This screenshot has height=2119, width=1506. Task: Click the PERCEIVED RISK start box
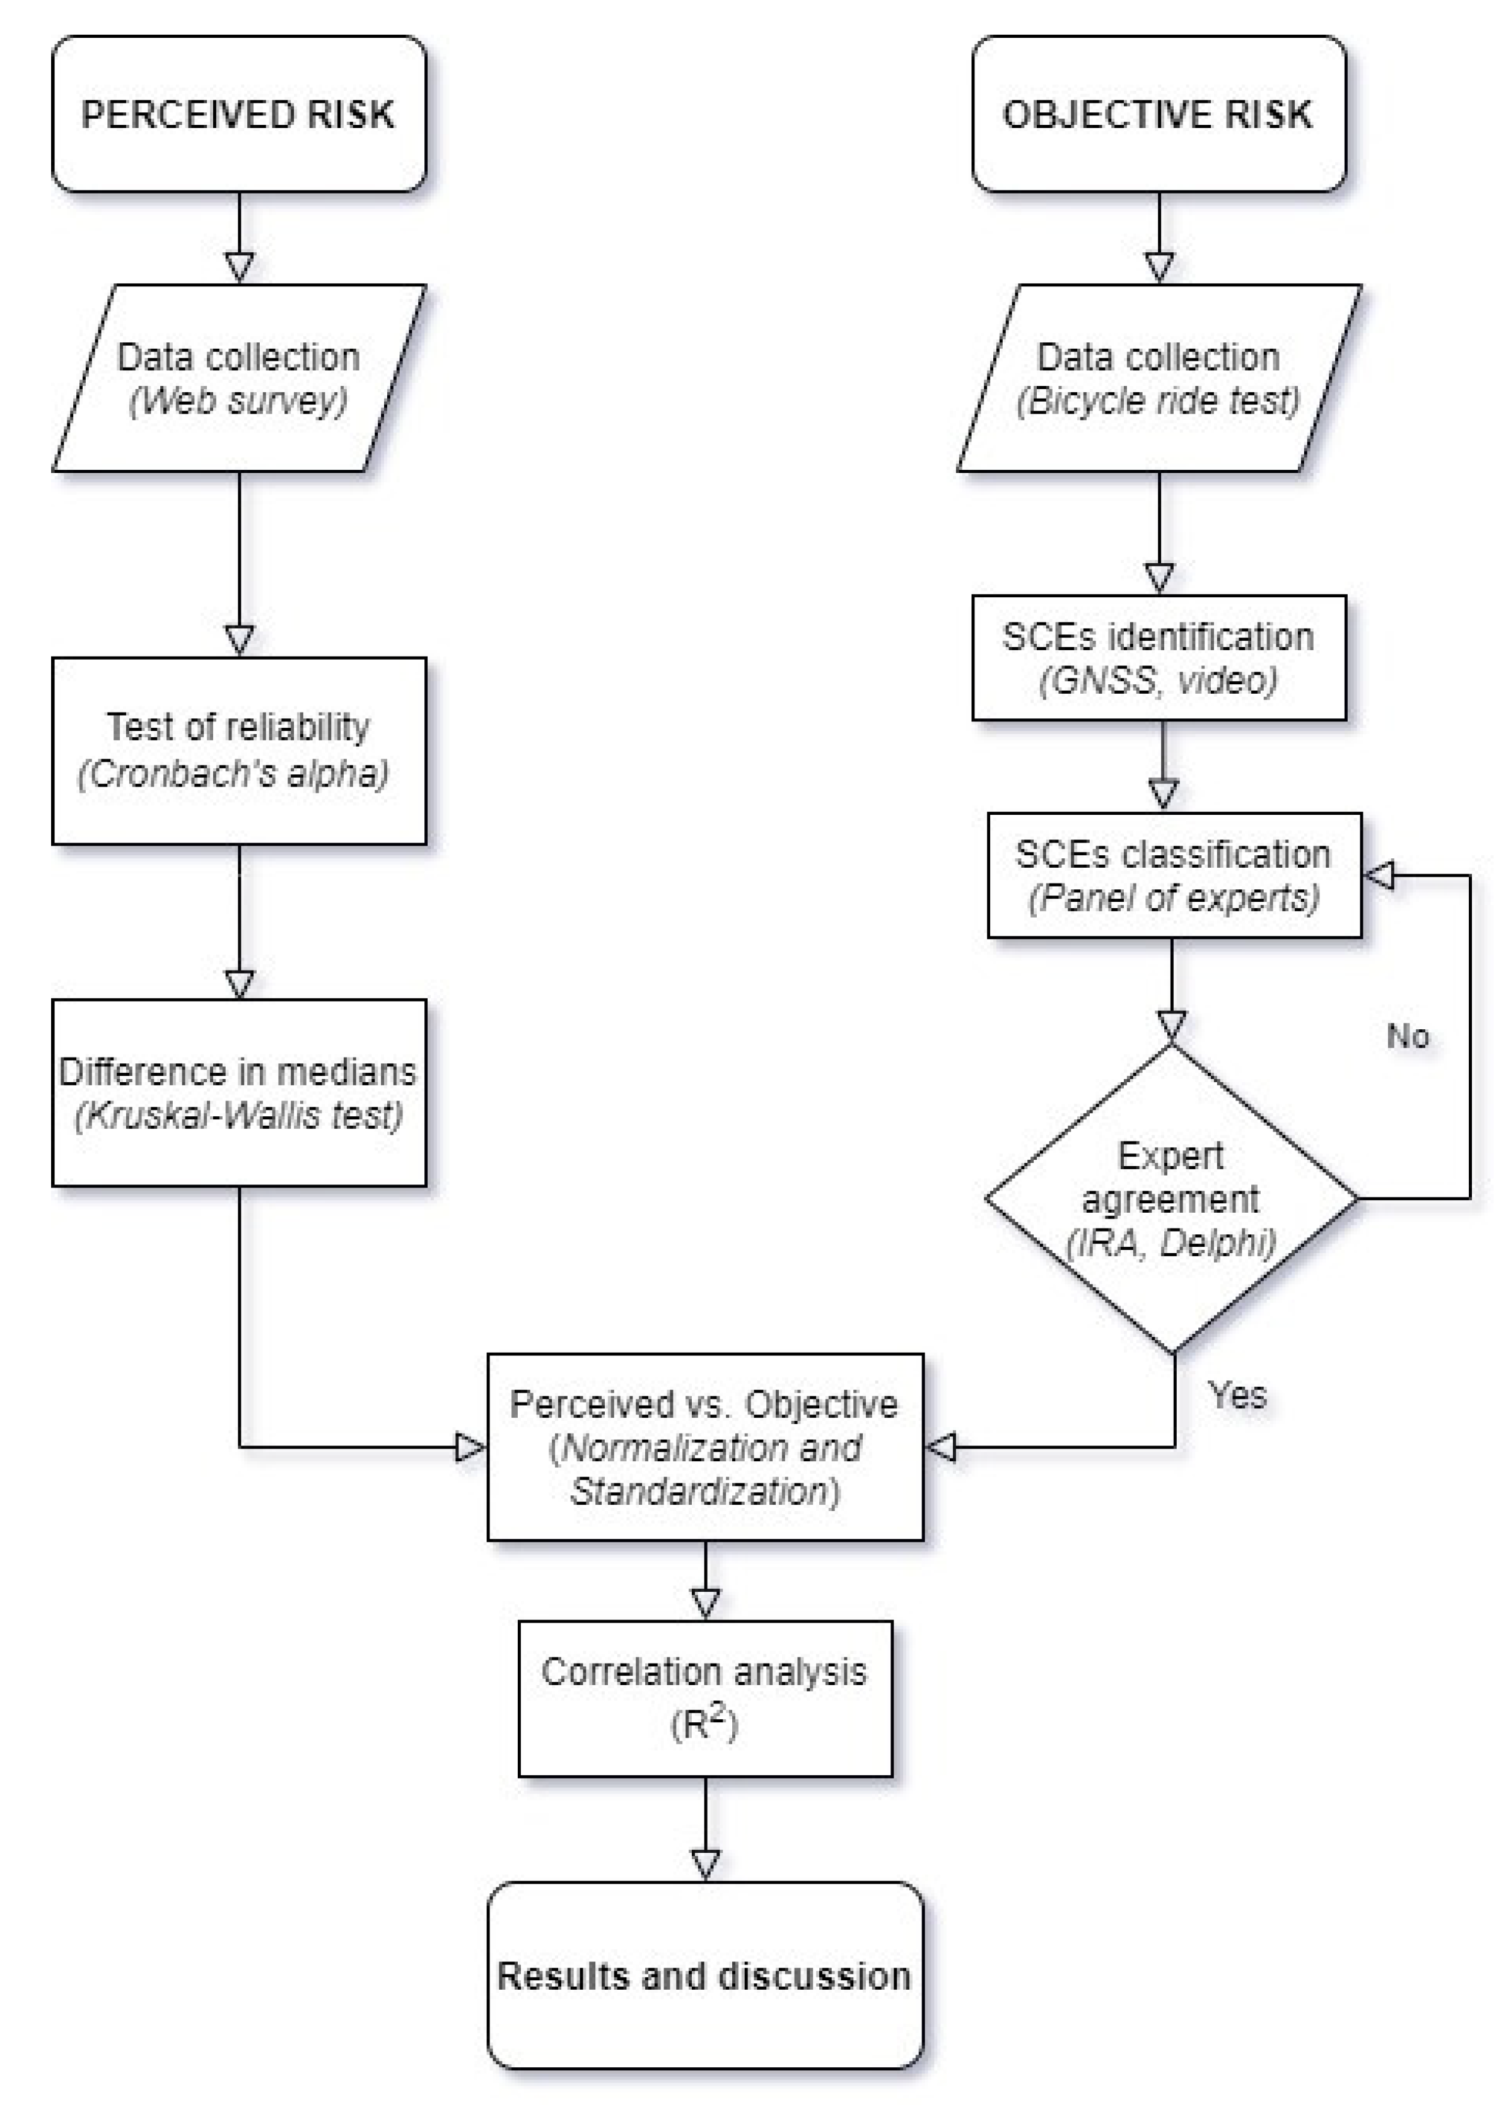[238, 114]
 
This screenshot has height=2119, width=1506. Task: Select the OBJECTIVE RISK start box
[1159, 114]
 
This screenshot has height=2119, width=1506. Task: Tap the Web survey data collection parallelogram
[238, 378]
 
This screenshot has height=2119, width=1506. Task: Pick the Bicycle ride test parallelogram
[1159, 378]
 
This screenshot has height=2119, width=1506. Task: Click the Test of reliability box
[238, 750]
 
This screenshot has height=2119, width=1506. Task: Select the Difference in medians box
[238, 1092]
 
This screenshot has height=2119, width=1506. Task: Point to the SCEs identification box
[1159, 658]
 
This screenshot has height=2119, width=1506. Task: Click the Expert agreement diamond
[1171, 1198]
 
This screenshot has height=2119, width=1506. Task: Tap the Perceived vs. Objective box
[705, 1447]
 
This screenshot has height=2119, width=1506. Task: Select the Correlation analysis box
[705, 1698]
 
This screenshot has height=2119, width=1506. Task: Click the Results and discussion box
[705, 1975]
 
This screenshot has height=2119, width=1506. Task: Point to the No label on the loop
[1407, 1036]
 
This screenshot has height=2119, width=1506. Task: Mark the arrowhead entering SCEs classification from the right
[1379, 875]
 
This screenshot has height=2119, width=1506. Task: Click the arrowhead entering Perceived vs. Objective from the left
[470, 1447]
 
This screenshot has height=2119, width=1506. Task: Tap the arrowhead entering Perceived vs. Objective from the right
[942, 1447]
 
